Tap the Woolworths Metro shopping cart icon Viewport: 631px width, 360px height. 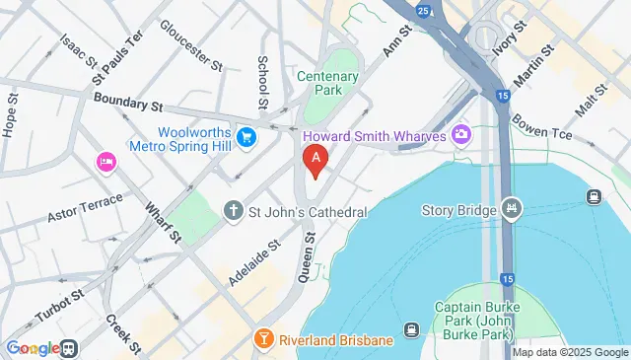[x=246, y=139]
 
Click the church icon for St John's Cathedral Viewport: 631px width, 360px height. [x=233, y=211]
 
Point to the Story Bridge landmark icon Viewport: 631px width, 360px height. [x=511, y=209]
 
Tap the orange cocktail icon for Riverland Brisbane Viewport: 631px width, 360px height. [x=263, y=340]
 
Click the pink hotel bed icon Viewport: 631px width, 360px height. [x=105, y=161]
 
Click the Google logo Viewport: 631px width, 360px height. [x=32, y=348]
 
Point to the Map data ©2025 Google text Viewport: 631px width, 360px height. [x=569, y=352]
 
